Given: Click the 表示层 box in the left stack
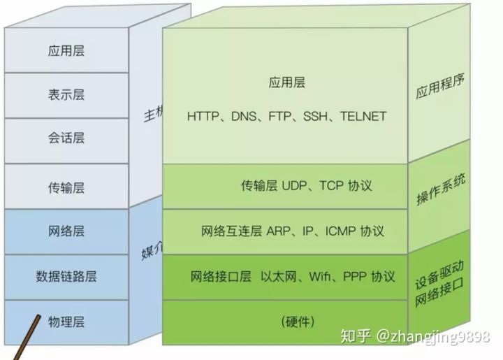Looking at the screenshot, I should [66, 94].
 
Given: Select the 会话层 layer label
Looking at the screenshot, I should [66, 138].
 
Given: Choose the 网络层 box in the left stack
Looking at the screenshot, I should [66, 231].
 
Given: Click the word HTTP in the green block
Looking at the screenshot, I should [203, 116].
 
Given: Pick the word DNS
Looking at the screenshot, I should [245, 116].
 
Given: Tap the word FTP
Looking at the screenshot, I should [282, 116].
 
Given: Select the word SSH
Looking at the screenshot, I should [318, 116].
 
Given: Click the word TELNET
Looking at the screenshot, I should [363, 116].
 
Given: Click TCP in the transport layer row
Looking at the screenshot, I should [333, 186].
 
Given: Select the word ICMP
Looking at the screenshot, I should [339, 231].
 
